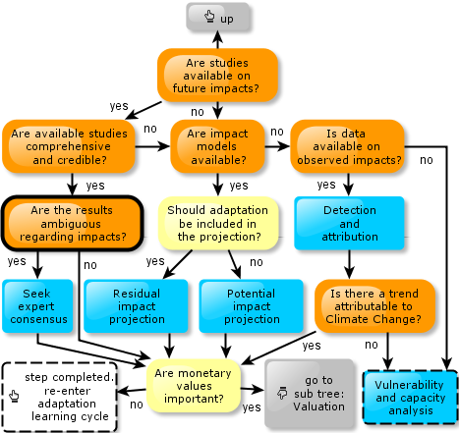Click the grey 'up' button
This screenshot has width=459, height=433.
coord(218,17)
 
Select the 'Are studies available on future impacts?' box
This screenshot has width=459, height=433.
coord(217,76)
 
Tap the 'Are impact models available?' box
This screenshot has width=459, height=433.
coord(217,146)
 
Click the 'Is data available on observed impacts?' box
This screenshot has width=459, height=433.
coord(347,146)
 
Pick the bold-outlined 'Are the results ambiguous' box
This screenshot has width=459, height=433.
coord(73,224)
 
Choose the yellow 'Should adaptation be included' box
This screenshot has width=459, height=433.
coord(218,223)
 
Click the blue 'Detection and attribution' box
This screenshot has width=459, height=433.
coord(349,223)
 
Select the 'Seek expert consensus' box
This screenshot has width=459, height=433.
coord(37,306)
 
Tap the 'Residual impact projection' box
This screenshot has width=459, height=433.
coord(136,306)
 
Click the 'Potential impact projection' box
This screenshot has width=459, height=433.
coord(252,306)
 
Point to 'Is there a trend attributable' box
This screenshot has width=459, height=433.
coord(374,306)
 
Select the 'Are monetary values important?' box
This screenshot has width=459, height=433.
coord(194,386)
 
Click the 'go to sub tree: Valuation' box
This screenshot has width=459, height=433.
coord(310,394)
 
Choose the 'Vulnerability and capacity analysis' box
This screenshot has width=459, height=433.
coord(410,398)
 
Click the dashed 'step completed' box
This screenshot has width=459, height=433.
coord(59,397)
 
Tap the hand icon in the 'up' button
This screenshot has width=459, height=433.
coord(209,16)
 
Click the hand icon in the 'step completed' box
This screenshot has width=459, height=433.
coord(14,396)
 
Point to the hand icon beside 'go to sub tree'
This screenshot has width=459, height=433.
coord(282,393)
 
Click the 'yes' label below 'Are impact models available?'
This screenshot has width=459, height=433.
coord(239,186)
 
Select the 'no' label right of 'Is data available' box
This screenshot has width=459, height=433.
coord(427,160)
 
